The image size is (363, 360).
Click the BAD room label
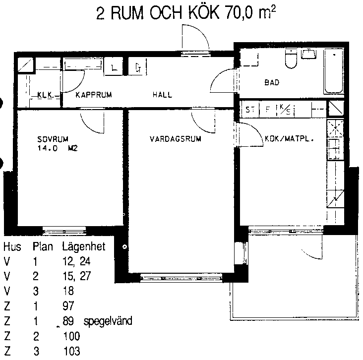(272, 82)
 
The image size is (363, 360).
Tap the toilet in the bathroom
(291, 59)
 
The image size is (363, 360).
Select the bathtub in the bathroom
(333, 71)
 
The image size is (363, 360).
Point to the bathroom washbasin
(308, 54)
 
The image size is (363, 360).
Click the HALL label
(162, 94)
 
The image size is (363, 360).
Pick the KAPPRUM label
(94, 95)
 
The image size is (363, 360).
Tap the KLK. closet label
(46, 95)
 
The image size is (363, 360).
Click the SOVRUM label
(53, 139)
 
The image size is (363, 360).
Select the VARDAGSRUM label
(175, 139)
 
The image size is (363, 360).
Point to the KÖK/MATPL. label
(289, 139)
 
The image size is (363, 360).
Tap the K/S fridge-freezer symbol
(285, 110)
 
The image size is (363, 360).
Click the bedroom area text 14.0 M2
(58, 148)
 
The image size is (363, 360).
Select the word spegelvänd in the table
(108, 321)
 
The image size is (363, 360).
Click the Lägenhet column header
(84, 247)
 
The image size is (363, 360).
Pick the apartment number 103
(71, 351)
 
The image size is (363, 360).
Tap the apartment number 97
(68, 305)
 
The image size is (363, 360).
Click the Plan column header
(43, 246)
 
